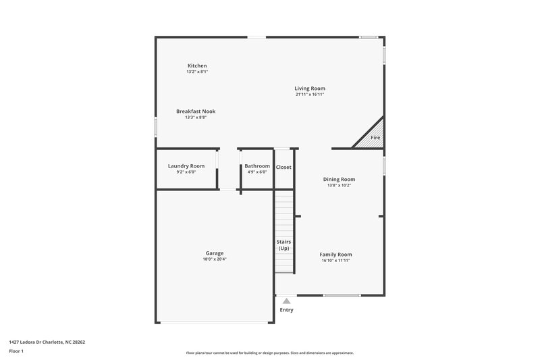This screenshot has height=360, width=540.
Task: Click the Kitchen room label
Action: coord(197,66)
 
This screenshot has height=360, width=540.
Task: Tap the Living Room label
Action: coord(310,88)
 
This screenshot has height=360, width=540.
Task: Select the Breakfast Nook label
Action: coord(196,111)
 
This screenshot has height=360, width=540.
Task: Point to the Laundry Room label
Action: coord(186,165)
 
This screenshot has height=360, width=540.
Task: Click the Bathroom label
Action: coord(257,165)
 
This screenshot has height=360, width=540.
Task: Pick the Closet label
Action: coord(283,167)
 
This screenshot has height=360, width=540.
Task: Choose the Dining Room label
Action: coord(339,179)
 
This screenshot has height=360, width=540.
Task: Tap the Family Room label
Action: coord(335,255)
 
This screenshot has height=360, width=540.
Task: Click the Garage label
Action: coord(215,253)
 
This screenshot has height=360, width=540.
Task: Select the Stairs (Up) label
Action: coord(284,245)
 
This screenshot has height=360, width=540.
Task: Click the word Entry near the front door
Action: coord(286,310)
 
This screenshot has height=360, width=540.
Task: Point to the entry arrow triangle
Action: coord(286,301)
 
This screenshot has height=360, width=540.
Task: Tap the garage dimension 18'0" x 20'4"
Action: coord(215,259)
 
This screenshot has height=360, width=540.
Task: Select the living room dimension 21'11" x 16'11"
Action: coord(310,95)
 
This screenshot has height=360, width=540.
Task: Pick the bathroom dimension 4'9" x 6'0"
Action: coord(257,172)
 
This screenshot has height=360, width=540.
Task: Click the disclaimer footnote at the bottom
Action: coord(270,353)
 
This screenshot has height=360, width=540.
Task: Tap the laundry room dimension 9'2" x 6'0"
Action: coord(186,172)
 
